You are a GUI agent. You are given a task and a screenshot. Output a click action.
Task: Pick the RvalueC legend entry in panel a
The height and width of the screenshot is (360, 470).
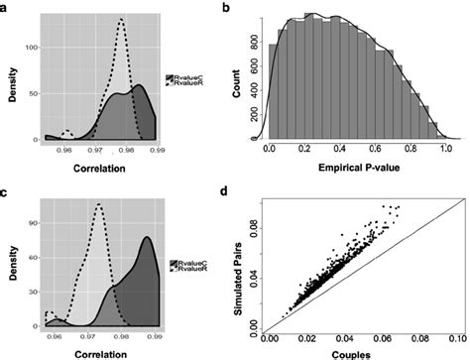[x=183, y=75]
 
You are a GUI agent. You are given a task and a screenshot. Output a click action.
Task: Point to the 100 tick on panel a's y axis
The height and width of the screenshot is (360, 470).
[x=32, y=47]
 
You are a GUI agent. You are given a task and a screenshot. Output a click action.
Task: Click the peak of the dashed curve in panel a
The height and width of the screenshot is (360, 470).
[x=120, y=19]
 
